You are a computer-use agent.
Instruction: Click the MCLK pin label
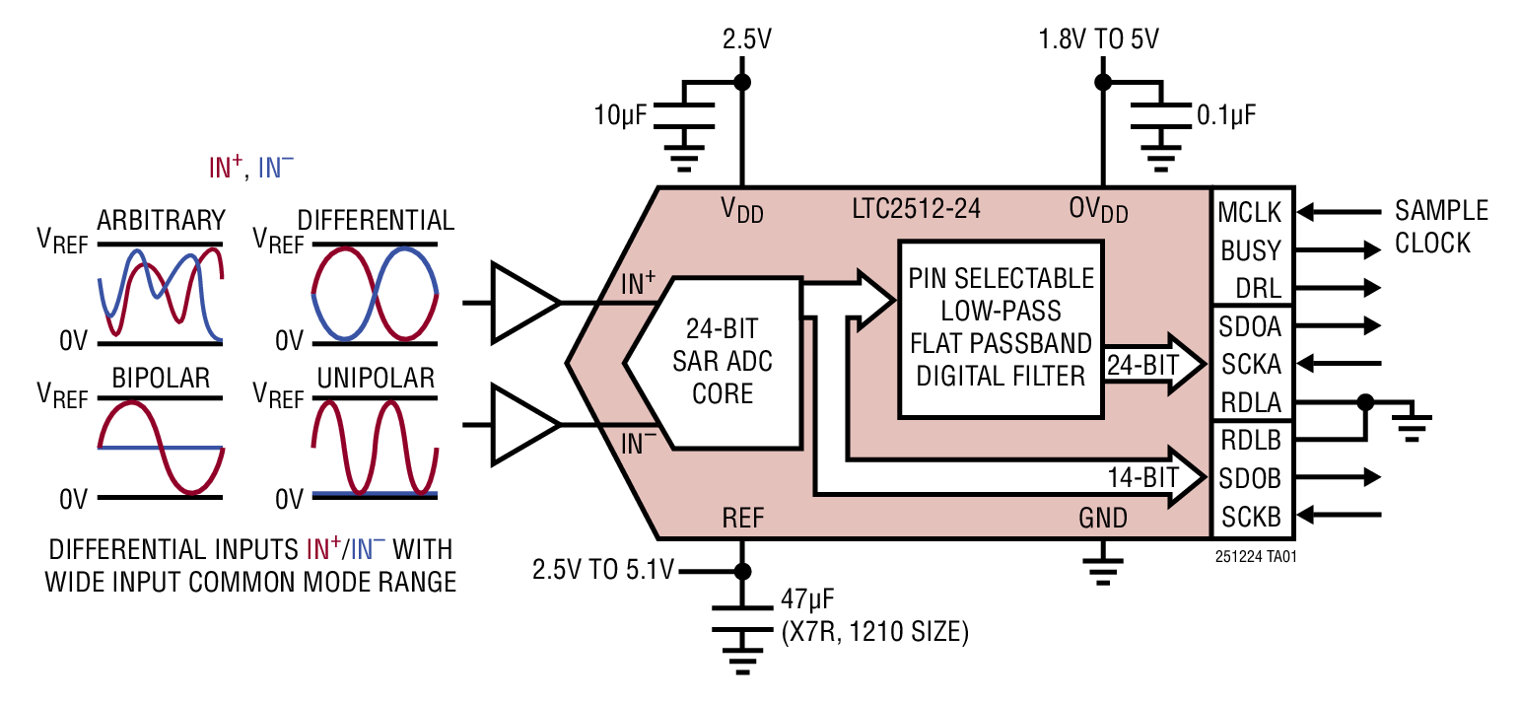click(1250, 212)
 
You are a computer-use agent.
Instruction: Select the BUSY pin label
click(1250, 250)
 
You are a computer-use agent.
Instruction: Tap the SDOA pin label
click(1250, 325)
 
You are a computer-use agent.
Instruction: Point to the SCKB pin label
click(1250, 516)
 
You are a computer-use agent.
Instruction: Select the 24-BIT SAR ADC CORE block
click(723, 362)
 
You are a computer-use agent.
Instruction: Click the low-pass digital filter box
click(1001, 326)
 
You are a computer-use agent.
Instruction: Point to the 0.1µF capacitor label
click(1226, 115)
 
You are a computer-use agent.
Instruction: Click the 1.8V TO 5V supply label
click(1098, 40)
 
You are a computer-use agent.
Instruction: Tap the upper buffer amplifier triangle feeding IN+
click(523, 303)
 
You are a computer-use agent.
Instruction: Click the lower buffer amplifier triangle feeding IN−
click(523, 425)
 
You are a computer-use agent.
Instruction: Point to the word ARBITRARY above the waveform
click(161, 219)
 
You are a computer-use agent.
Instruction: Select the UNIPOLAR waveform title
click(376, 379)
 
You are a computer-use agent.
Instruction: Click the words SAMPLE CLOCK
click(1440, 227)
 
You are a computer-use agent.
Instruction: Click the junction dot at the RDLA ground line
click(1365, 401)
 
